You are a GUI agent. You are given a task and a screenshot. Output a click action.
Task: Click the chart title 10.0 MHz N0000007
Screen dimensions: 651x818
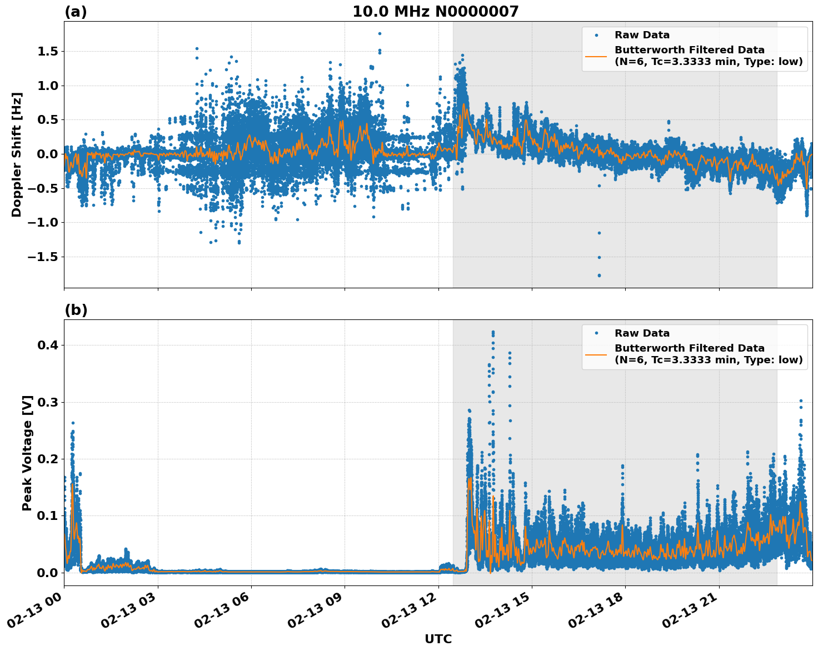coord(435,12)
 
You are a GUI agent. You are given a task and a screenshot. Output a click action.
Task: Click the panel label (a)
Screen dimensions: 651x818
coord(76,12)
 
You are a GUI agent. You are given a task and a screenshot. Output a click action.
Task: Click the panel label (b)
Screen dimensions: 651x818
coord(76,310)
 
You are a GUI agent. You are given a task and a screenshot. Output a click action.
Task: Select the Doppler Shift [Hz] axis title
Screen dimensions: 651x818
coord(17,154)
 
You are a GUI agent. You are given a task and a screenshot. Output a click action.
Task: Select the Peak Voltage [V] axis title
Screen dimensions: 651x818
coord(27,453)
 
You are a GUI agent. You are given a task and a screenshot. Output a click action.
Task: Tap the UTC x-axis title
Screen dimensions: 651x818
coord(438,639)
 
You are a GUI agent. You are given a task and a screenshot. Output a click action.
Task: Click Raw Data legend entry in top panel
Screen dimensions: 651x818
coord(642,35)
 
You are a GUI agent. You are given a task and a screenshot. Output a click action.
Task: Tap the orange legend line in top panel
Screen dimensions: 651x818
coord(596,56)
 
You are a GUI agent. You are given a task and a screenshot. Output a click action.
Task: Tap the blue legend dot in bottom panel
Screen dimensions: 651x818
coord(596,333)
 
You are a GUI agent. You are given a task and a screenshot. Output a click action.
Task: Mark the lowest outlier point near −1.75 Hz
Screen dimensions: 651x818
coord(599,275)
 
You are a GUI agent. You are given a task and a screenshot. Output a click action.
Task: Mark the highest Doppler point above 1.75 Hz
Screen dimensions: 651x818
coord(380,33)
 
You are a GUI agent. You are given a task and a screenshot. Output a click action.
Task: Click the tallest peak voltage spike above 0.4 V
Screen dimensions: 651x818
coord(492,332)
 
